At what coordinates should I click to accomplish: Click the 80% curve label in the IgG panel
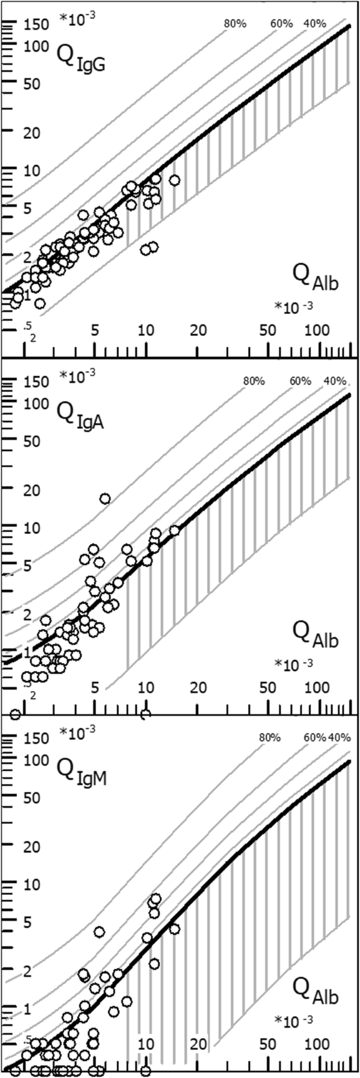click(235, 24)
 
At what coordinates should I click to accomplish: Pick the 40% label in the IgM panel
click(340, 738)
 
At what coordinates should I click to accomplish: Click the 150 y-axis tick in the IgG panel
click(37, 25)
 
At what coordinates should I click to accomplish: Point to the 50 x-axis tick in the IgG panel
click(268, 330)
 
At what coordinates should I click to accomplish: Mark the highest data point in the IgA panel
click(105, 499)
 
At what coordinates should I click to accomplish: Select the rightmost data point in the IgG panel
click(175, 180)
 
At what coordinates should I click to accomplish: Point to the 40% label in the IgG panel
click(315, 24)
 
